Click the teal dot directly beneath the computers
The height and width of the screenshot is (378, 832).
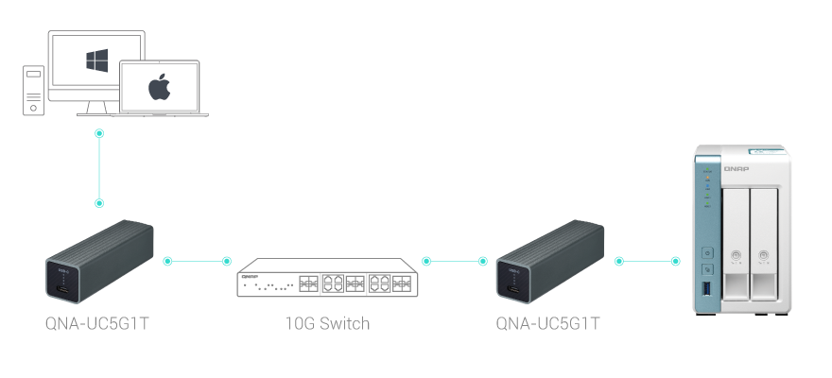coord(99,133)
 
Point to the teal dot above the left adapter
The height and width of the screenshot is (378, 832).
coord(99,203)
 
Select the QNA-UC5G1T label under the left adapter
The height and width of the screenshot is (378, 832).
coord(98,323)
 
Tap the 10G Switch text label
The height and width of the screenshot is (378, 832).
coord(327,323)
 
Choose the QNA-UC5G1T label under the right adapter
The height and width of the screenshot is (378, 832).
coord(548,323)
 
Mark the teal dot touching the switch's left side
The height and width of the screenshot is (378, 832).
coord(226,260)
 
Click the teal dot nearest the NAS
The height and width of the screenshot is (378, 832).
coord(675,260)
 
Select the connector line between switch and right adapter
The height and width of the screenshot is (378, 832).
coord(455,260)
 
